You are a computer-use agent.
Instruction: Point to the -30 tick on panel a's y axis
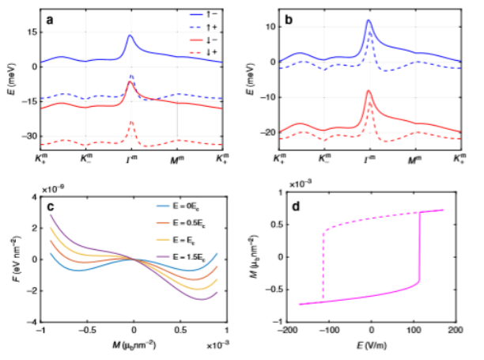[x=29, y=136]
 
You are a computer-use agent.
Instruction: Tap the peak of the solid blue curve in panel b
[x=369, y=21]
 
